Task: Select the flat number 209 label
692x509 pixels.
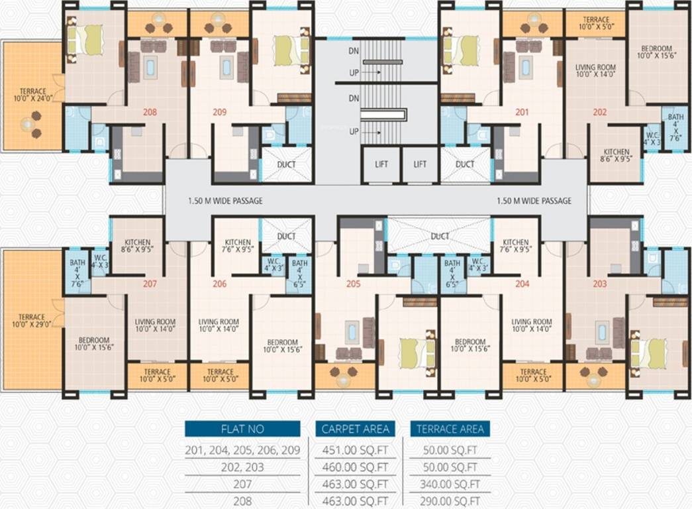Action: [219, 113]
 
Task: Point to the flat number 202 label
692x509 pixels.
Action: [599, 113]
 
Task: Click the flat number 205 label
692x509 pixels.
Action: [352, 284]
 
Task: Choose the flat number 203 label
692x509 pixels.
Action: [599, 284]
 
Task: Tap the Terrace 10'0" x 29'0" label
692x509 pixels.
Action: [31, 321]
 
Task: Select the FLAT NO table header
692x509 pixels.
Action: [242, 429]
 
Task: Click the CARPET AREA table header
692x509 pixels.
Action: [356, 429]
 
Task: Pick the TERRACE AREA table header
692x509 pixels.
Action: [450, 429]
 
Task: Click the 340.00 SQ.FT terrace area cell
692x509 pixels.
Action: [450, 484]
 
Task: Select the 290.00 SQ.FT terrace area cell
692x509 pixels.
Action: [450, 502]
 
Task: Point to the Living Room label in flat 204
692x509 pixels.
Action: [532, 325]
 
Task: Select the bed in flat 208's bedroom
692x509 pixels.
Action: [85, 40]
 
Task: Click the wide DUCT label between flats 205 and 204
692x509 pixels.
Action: [439, 236]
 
